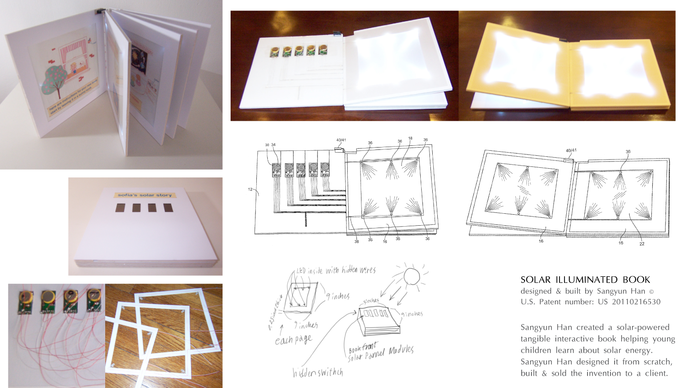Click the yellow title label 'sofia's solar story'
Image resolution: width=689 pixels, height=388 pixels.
pos(144,195)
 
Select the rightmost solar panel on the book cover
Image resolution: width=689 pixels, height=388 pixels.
pos(168,208)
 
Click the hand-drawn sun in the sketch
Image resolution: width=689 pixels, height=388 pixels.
pos(411,277)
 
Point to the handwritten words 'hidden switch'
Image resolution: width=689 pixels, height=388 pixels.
pos(318,372)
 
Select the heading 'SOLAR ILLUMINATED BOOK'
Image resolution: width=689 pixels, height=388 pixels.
pos(585,280)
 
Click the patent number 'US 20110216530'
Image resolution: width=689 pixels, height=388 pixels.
pos(629,302)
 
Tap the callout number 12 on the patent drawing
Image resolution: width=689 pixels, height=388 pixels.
pos(250,189)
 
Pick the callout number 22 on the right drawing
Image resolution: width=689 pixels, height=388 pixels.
pos(642,244)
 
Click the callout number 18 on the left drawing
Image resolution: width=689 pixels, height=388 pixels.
pos(410,138)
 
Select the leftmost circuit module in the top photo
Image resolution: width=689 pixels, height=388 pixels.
pos(275,51)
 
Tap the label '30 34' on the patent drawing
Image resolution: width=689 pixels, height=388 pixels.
pos(270,145)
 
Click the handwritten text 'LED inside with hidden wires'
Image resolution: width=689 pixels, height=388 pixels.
pos(335,271)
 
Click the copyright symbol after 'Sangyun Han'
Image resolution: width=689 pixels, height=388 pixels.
pos(651,291)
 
